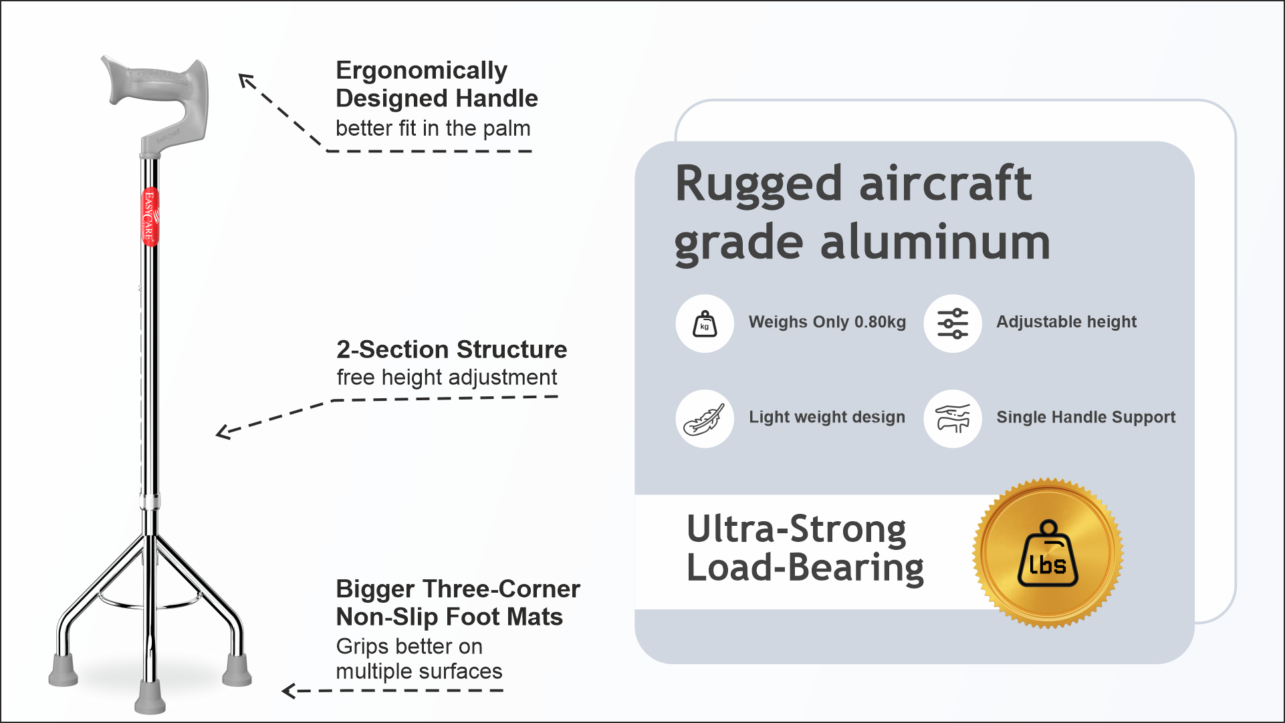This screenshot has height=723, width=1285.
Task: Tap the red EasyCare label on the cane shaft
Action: pos(150,216)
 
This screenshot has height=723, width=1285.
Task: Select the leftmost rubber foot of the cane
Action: pos(64,670)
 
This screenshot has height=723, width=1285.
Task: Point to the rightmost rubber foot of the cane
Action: pos(237,670)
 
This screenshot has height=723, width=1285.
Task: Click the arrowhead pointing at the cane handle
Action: pos(247,81)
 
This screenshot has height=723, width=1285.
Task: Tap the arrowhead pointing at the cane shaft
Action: pos(225,432)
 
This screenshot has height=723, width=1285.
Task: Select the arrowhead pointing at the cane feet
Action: pos(289,690)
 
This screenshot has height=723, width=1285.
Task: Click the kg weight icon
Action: pos(705,323)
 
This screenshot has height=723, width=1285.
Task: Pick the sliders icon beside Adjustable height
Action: pos(953,323)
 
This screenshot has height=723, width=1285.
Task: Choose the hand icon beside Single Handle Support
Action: pos(953,419)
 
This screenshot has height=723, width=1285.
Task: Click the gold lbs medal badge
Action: pos(1048,553)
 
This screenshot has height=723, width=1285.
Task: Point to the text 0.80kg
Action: pos(880,322)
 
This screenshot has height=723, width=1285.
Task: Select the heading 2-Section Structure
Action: pos(451,349)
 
